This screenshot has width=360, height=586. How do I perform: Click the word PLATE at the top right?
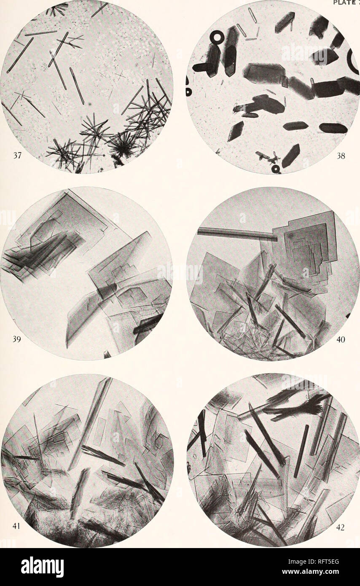tap(344, 3)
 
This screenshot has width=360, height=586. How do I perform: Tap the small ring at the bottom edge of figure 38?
tap(276, 169)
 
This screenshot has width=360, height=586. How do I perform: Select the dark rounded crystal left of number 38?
tap(333, 128)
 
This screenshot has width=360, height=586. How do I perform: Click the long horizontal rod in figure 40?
tap(236, 233)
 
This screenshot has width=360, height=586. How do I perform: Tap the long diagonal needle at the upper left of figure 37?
tap(20, 55)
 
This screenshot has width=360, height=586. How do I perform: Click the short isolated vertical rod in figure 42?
tap(301, 451)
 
